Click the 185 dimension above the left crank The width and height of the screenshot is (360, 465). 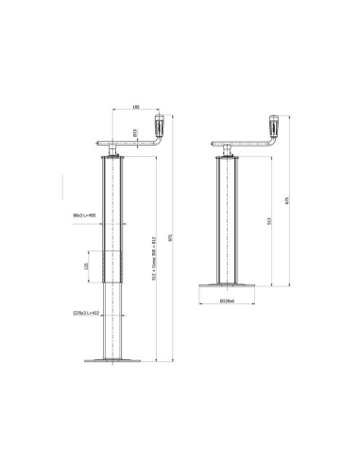(x=136, y=108)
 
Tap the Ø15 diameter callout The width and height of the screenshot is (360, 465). (x=135, y=133)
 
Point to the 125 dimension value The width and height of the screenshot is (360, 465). (x=87, y=267)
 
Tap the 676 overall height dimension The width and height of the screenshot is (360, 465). (x=289, y=199)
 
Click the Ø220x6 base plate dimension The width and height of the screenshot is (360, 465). (x=226, y=302)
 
